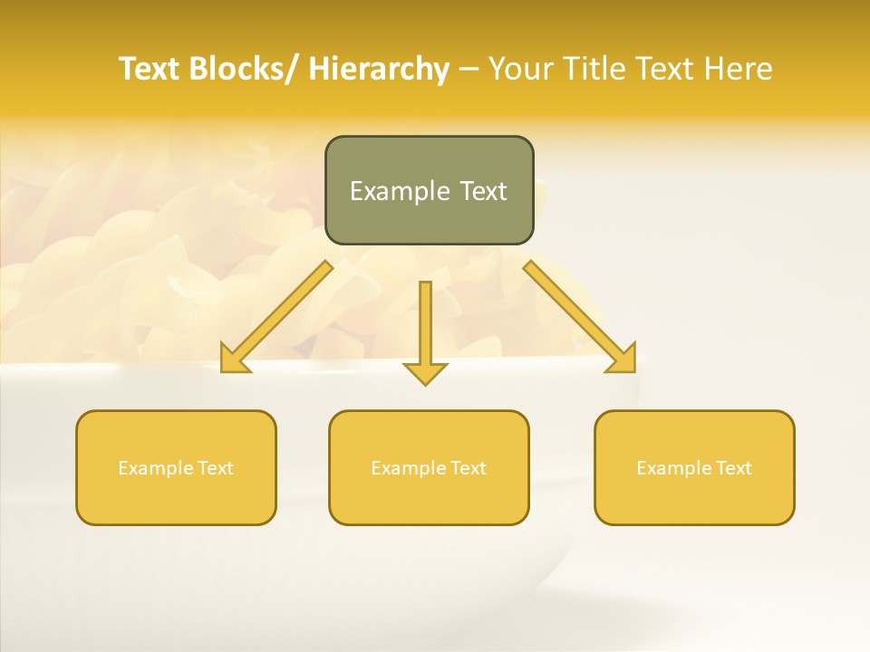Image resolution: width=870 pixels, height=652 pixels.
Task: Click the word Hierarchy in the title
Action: click(x=378, y=69)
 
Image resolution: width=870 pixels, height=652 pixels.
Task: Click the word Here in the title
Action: click(x=738, y=69)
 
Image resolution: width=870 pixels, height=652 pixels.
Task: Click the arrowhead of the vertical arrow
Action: click(x=425, y=372)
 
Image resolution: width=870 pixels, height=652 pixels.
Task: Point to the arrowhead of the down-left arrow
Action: click(x=233, y=360)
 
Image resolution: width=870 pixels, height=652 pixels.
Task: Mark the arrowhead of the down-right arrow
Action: click(x=623, y=360)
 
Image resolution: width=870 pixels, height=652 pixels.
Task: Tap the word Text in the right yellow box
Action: click(x=734, y=468)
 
